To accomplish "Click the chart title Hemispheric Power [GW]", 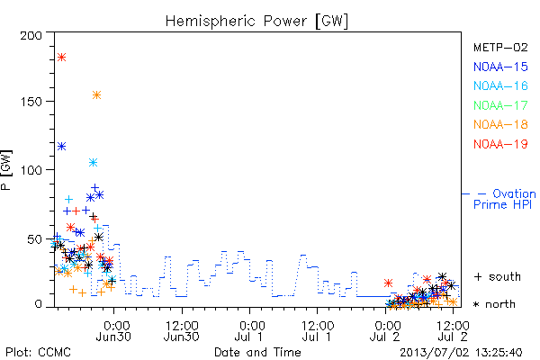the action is pos(256,22).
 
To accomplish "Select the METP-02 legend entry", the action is pos(500,47).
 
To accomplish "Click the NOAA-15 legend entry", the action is pos(500,67).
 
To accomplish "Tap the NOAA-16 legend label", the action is pos(500,85).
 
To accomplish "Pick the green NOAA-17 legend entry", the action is pos(500,105).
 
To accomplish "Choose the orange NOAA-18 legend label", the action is pos(500,124).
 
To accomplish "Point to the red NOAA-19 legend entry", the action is pos(500,144).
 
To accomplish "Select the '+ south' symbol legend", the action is pos(498,276).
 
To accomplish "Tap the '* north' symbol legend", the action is pos(494,304).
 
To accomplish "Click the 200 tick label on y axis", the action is pos(31,35).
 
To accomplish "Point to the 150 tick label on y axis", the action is pos(31,102).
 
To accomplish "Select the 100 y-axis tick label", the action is pos(31,170).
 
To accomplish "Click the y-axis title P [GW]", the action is pos(6,170).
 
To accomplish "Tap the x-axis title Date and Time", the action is pos(257,352).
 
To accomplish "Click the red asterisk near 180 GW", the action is pos(61,58).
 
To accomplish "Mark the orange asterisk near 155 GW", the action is pos(97,95).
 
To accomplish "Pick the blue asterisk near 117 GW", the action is pos(61,147).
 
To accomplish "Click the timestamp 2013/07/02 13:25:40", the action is pos(461,353).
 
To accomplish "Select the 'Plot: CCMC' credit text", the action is pos(38,353).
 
